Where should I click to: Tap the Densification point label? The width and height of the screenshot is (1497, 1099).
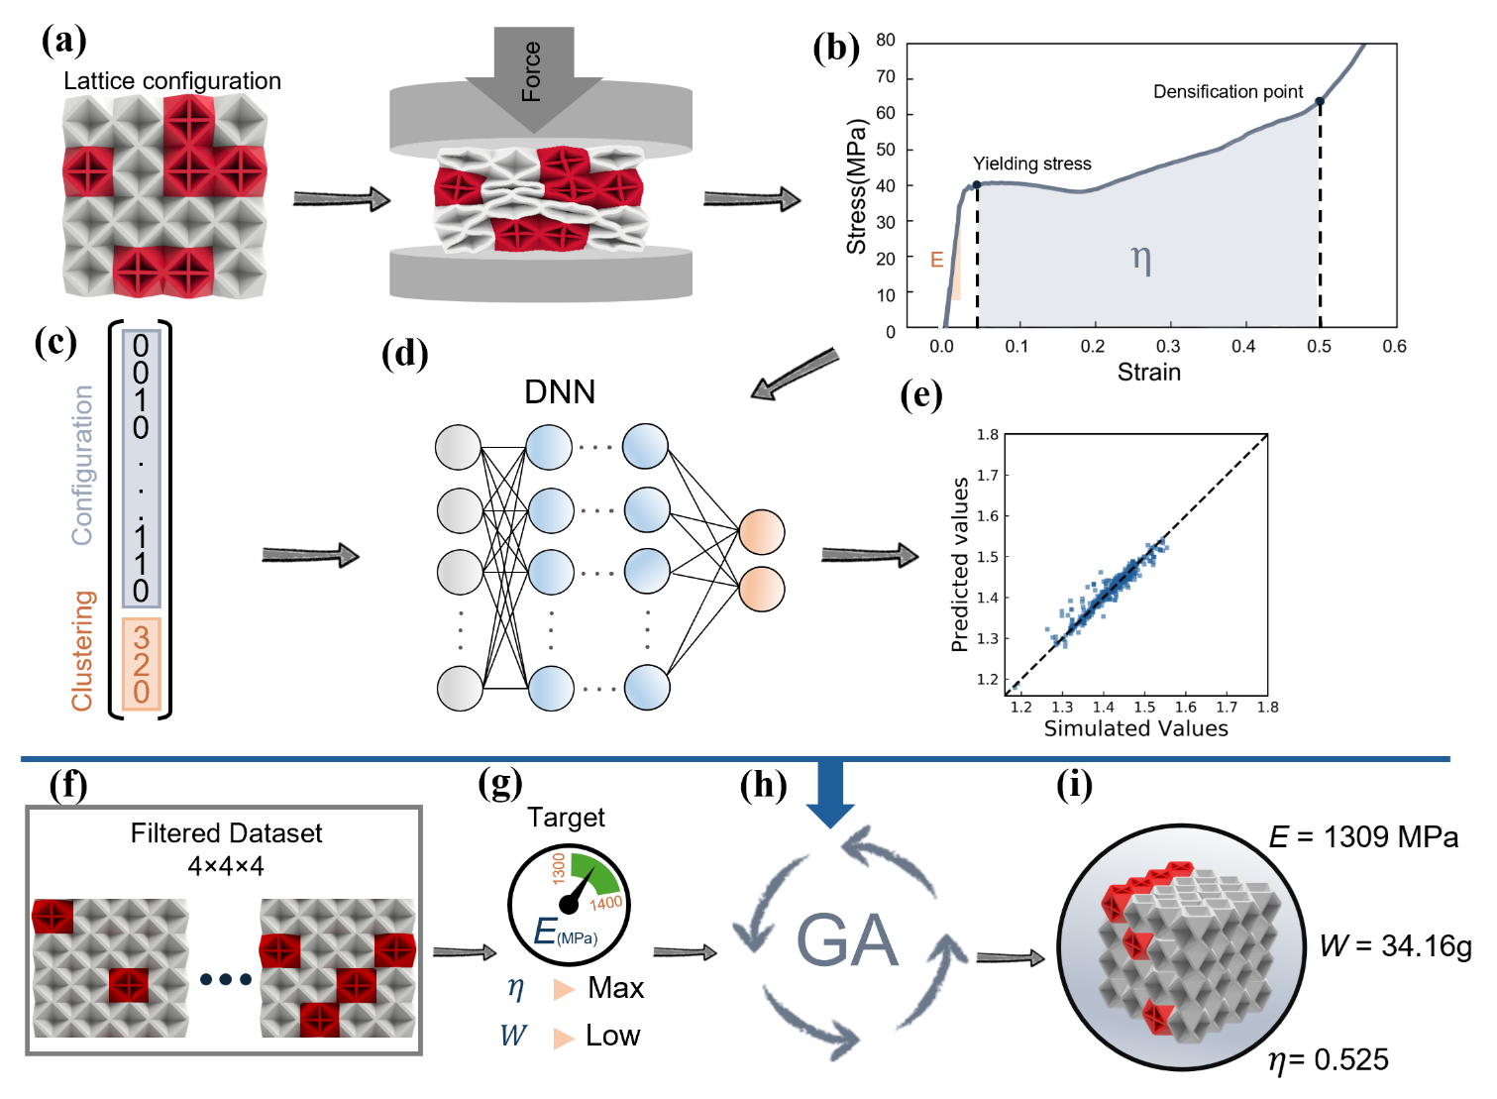pyautogui.click(x=1228, y=92)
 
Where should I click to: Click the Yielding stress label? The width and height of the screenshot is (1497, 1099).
pyautogui.click(x=1031, y=164)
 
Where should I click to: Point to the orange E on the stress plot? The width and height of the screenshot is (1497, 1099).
pyautogui.click(x=936, y=261)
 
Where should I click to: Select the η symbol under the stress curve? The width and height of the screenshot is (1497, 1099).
pyautogui.click(x=1141, y=260)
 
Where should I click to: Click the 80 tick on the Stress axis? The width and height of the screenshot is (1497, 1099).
pyautogui.click(x=885, y=41)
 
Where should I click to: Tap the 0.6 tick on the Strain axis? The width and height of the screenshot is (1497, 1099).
pyautogui.click(x=1394, y=346)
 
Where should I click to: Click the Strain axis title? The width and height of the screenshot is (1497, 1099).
pyautogui.click(x=1148, y=372)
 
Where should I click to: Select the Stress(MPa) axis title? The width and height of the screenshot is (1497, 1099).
pyautogui.click(x=856, y=186)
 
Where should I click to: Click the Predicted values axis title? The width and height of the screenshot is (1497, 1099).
pyautogui.click(x=959, y=565)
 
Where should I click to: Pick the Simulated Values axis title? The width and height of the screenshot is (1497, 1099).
pyautogui.click(x=1135, y=728)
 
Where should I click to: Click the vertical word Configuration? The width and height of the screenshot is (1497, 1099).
pyautogui.click(x=82, y=465)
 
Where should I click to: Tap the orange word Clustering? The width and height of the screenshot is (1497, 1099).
pyautogui.click(x=82, y=650)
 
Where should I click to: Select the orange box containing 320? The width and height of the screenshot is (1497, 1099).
pyautogui.click(x=141, y=664)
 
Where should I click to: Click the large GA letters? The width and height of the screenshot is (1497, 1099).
pyautogui.click(x=847, y=941)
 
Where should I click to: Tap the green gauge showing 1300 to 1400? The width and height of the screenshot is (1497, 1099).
pyautogui.click(x=591, y=876)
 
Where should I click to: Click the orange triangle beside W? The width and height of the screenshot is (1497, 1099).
pyautogui.click(x=564, y=1038)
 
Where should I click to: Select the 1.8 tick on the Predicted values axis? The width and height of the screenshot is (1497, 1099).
pyautogui.click(x=987, y=434)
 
